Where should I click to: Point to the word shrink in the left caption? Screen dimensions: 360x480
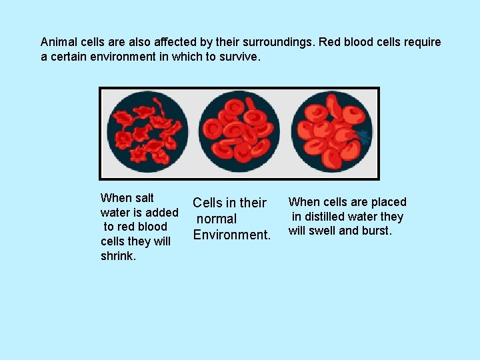click(x=117, y=256)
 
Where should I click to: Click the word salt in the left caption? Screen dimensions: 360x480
click(x=143, y=198)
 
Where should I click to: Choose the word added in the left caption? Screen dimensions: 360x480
click(x=163, y=213)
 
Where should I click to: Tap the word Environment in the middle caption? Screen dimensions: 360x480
click(x=231, y=235)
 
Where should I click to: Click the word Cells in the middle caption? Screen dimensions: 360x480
click(x=207, y=203)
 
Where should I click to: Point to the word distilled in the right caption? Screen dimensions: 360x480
click(x=327, y=217)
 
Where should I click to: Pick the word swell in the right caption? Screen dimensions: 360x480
click(x=322, y=231)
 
